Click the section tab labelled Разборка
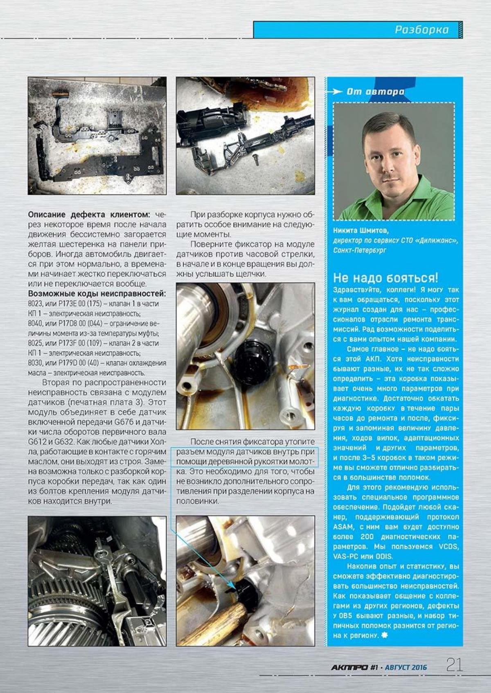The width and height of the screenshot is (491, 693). tap(421, 30)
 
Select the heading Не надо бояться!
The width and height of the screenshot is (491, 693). tap(385, 278)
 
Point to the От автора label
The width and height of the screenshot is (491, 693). tap(375, 92)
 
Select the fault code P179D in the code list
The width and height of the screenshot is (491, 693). tap(61, 363)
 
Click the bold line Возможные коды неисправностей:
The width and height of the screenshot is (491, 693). tap(97, 294)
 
